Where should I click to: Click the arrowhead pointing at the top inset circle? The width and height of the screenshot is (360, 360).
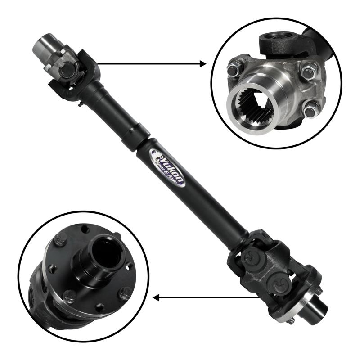pos(203,64)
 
